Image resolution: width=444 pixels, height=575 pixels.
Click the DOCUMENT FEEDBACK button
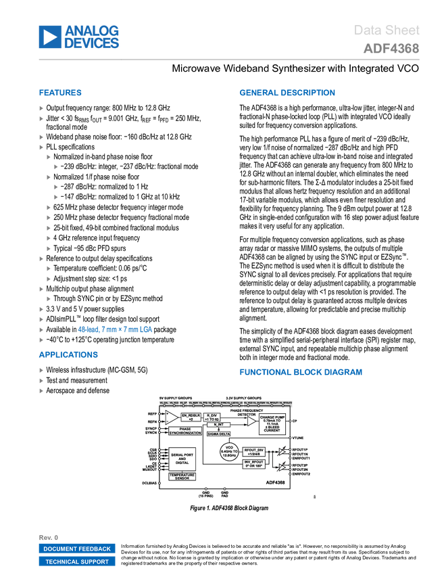(77, 549)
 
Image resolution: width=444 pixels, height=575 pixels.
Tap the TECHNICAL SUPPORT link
(77, 561)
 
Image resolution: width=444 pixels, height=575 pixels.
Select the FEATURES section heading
(60, 93)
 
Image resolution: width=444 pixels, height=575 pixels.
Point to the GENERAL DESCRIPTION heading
(287, 93)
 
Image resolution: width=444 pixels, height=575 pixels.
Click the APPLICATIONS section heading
(68, 354)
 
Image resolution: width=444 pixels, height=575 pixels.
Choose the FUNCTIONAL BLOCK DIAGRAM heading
(300, 372)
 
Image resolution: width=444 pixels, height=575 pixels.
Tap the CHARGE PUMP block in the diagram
(272, 424)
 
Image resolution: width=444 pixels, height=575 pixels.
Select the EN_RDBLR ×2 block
(191, 417)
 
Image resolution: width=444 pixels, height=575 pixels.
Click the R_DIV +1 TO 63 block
(212, 417)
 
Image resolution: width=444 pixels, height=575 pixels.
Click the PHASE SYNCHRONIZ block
(180, 431)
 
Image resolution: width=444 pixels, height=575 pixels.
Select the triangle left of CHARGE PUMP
(251, 421)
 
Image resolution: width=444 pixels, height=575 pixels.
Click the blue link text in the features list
(116, 330)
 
